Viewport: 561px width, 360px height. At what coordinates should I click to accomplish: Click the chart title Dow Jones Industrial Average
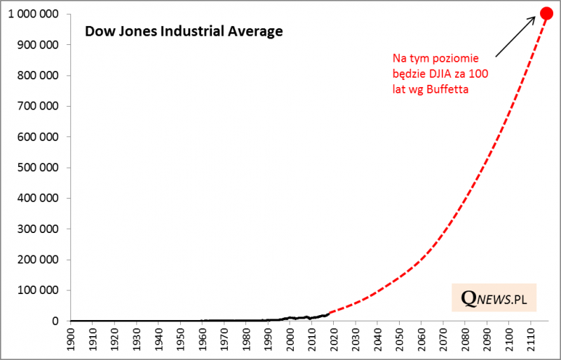point(183,32)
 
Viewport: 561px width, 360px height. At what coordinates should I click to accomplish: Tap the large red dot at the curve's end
point(546,13)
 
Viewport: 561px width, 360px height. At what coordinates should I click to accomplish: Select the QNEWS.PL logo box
point(494,298)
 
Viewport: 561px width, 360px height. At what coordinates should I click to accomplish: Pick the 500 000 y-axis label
point(39,167)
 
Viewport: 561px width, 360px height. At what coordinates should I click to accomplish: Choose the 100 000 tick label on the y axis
point(39,290)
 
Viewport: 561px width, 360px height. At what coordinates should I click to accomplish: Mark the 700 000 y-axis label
point(39,106)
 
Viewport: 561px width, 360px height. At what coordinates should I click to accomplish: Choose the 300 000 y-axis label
point(39,229)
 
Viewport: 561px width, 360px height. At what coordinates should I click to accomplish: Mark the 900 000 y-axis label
point(39,45)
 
